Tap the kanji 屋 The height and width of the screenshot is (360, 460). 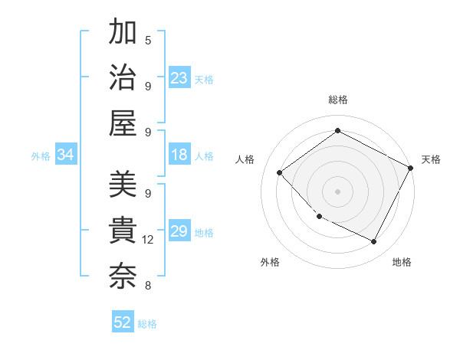123,123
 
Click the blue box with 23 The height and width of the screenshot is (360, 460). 179,78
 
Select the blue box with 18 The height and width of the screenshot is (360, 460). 179,155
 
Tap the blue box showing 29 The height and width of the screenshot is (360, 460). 179,232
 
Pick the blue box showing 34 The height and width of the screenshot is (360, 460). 66,155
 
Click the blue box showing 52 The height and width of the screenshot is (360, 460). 123,323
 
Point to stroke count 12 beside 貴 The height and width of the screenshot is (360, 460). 148,240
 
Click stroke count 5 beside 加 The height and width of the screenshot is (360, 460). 148,40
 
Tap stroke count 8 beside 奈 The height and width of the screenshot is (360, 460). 148,286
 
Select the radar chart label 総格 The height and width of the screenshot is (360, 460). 337,100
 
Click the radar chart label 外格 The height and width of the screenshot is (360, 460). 270,263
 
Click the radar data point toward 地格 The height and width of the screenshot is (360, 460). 374,241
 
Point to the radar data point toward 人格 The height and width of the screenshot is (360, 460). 280,173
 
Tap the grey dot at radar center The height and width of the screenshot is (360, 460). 337,191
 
